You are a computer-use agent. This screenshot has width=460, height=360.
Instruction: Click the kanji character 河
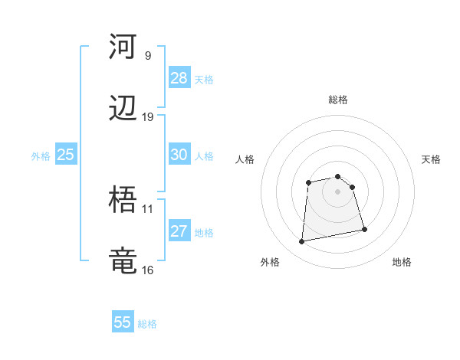123,47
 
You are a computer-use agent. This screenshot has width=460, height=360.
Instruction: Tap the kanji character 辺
123,109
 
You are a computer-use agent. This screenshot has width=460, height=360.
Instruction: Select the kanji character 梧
123,200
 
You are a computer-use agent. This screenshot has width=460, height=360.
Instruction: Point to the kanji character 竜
123,261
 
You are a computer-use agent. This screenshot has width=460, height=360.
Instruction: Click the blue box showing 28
179,78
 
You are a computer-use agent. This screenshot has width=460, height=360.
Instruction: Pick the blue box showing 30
179,155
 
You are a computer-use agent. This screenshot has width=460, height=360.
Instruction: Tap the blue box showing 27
179,231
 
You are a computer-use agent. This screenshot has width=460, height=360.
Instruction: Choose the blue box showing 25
65,155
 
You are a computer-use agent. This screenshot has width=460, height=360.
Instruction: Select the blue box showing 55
123,322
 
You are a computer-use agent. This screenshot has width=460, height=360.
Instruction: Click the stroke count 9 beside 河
148,56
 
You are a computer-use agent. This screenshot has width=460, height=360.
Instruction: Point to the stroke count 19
148,117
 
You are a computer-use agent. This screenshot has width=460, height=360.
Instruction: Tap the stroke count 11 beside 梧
148,208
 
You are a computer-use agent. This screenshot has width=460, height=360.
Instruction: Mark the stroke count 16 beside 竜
148,270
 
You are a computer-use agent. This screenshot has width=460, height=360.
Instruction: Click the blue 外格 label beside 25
41,156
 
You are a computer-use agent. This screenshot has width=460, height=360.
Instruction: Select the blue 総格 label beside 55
147,324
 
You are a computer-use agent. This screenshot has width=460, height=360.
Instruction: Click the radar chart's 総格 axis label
338,100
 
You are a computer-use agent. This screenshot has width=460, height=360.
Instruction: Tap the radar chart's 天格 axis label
432,159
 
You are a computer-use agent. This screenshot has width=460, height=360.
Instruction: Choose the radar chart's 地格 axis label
402,262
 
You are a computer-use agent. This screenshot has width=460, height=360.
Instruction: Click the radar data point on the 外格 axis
302,242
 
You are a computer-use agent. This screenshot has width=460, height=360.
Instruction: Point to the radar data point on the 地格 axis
364,230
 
